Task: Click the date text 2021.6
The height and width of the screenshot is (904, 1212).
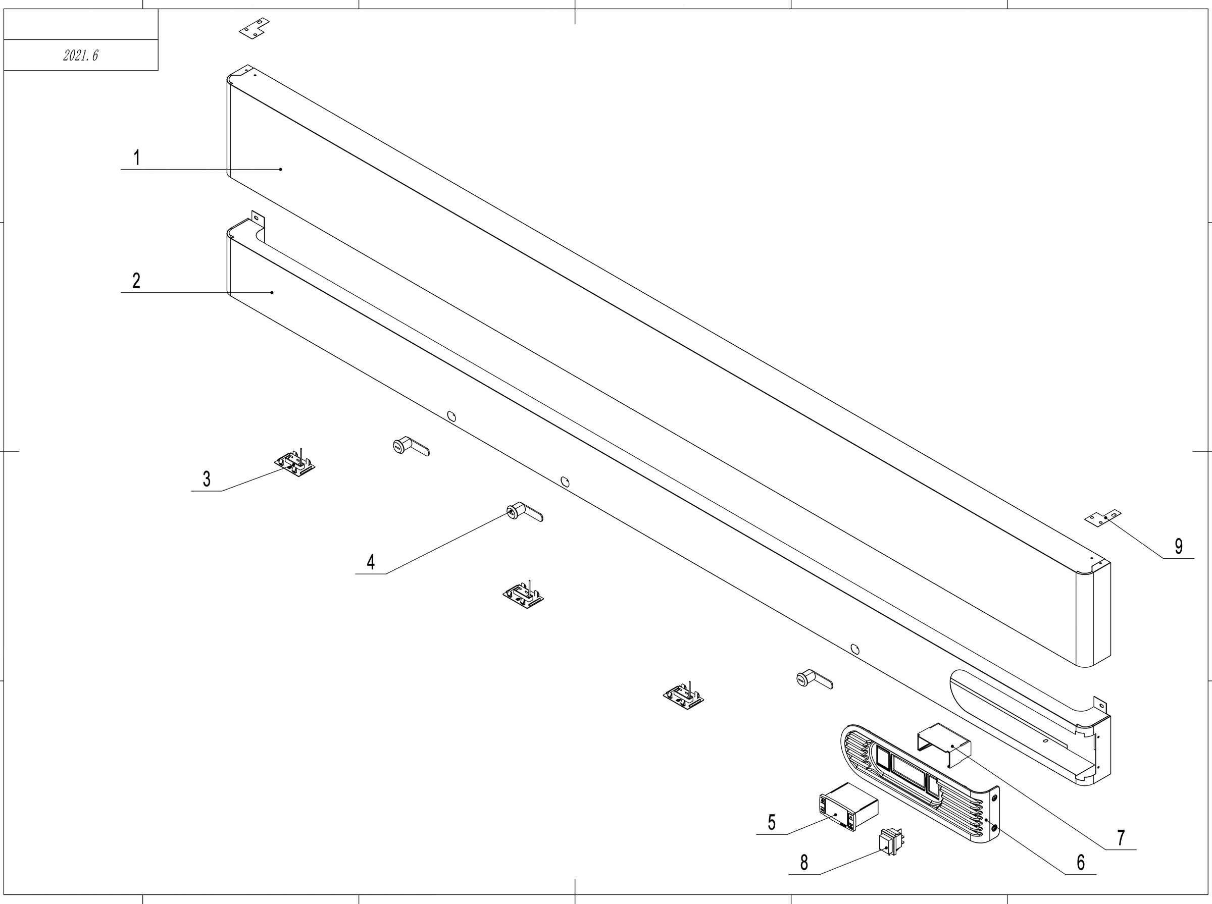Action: [x=80, y=55]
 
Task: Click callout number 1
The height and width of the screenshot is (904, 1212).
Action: [x=137, y=157]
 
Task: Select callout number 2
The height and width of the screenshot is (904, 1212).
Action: [x=136, y=281]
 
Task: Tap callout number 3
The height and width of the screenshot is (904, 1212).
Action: [x=207, y=480]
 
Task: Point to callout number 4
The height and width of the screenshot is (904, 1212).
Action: [x=371, y=562]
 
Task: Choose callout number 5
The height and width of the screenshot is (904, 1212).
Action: [x=771, y=822]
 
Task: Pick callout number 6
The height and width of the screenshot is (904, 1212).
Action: [x=1081, y=863]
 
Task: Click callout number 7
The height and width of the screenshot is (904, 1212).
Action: [x=1121, y=838]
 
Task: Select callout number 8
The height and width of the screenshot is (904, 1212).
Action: [x=803, y=863]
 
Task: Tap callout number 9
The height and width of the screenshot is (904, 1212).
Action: [x=1179, y=546]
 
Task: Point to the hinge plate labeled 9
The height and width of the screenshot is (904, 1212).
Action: [x=1102, y=518]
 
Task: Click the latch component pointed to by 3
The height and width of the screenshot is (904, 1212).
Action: [x=294, y=464]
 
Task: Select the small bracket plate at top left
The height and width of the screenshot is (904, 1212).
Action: [x=254, y=28]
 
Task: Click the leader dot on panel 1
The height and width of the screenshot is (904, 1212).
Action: [x=281, y=170]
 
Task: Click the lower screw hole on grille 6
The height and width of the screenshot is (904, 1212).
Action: [x=994, y=828]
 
